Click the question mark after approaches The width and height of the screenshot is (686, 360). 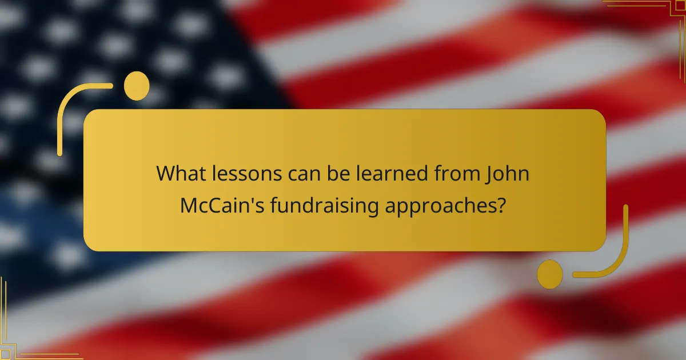tap(501, 206)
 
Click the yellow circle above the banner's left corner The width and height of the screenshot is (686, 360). tap(137, 86)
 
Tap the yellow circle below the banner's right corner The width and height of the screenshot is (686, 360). tap(549, 274)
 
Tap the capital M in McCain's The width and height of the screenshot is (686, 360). tap(189, 206)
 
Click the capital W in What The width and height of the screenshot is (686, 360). tap(166, 174)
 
